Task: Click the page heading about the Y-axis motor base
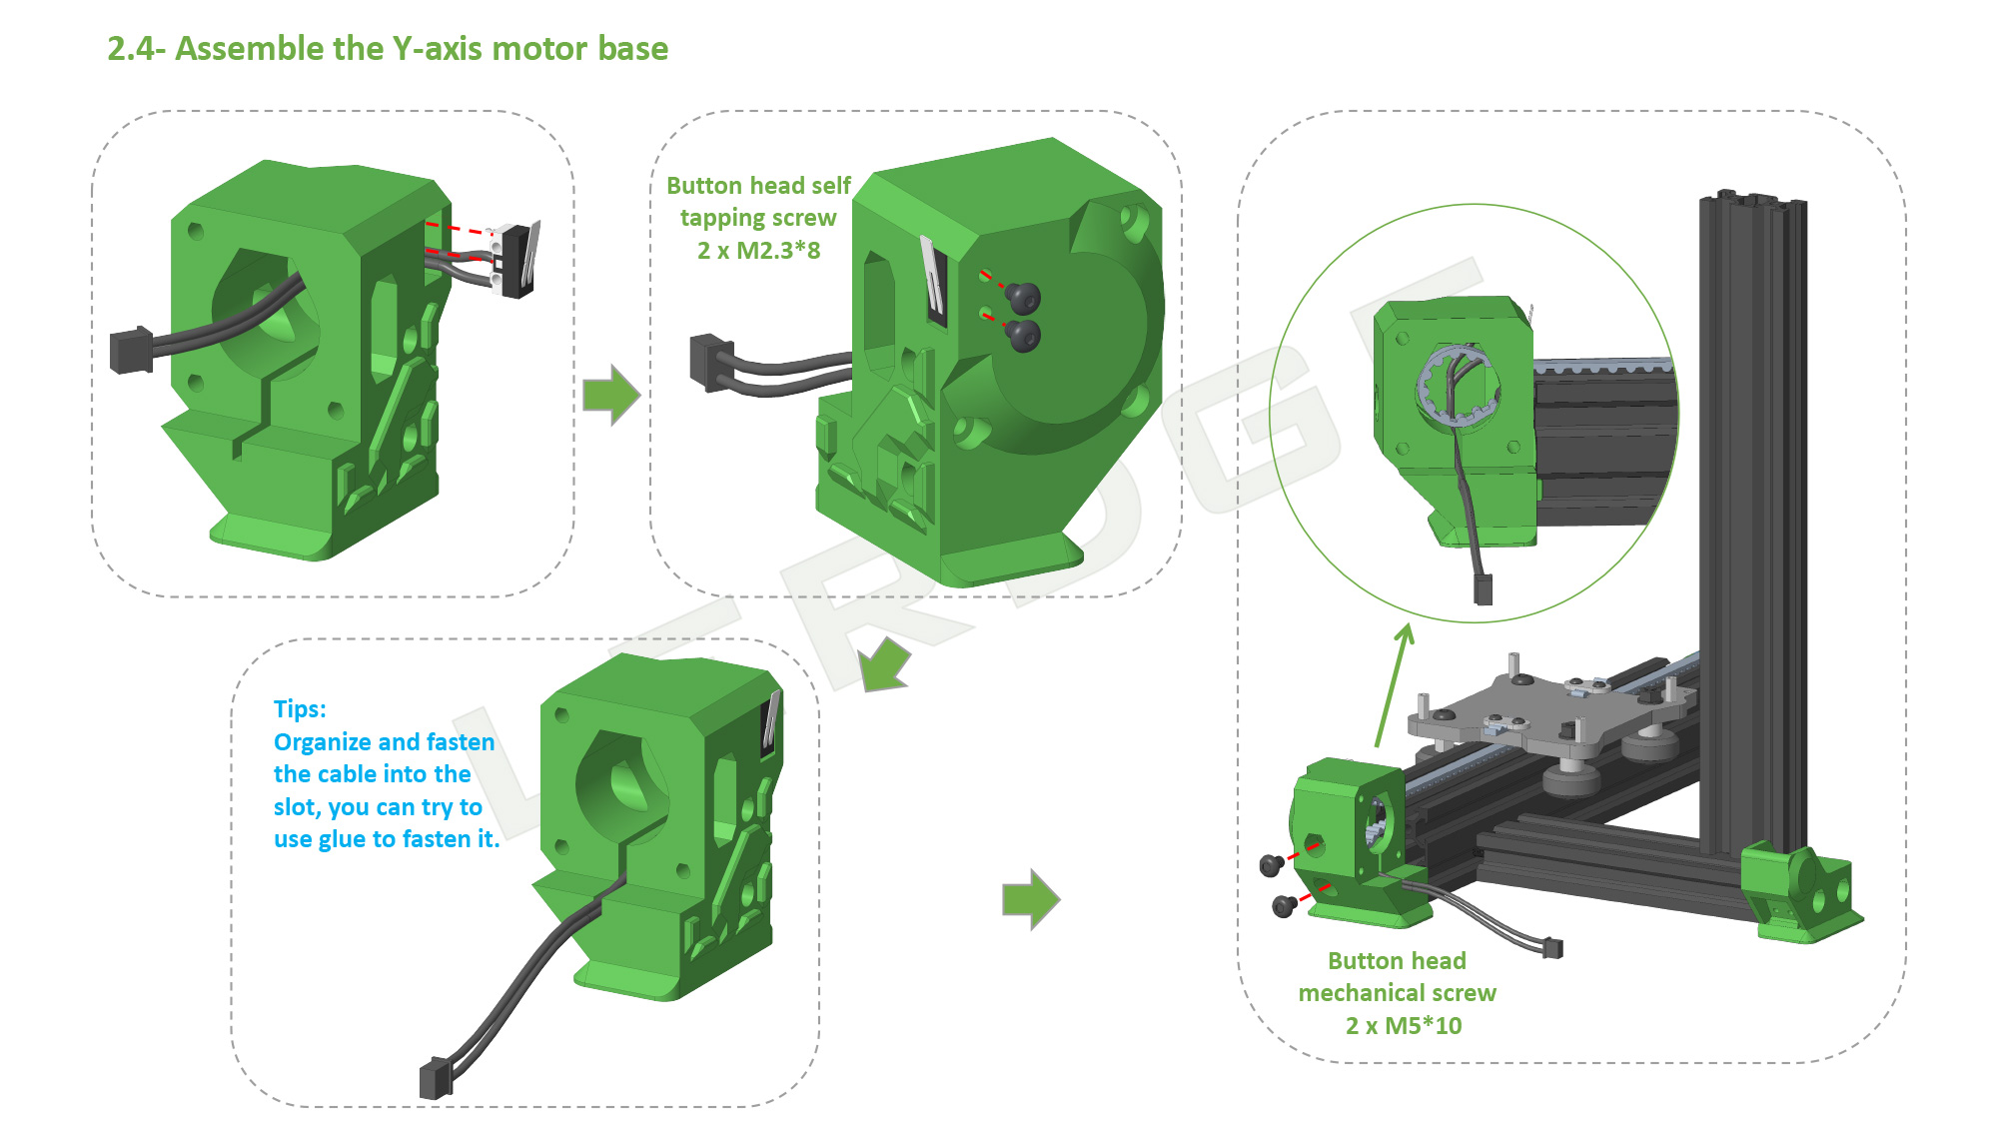pyautogui.click(x=388, y=48)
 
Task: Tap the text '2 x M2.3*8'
pyautogui.click(x=758, y=251)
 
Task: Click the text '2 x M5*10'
pyautogui.click(x=1403, y=1026)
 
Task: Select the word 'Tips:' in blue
pyautogui.click(x=300, y=709)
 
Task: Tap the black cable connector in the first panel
pyautogui.click(x=131, y=351)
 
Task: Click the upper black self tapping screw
pyautogui.click(x=1022, y=297)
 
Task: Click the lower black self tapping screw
pyautogui.click(x=1023, y=336)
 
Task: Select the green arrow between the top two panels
pyautogui.click(x=610, y=395)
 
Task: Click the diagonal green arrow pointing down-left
pyautogui.click(x=883, y=665)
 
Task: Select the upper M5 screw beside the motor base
pyautogui.click(x=1271, y=864)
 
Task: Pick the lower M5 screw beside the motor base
pyautogui.click(x=1284, y=906)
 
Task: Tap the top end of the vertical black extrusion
pyautogui.click(x=1750, y=200)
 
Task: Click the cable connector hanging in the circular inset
pyautogui.click(x=1483, y=589)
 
